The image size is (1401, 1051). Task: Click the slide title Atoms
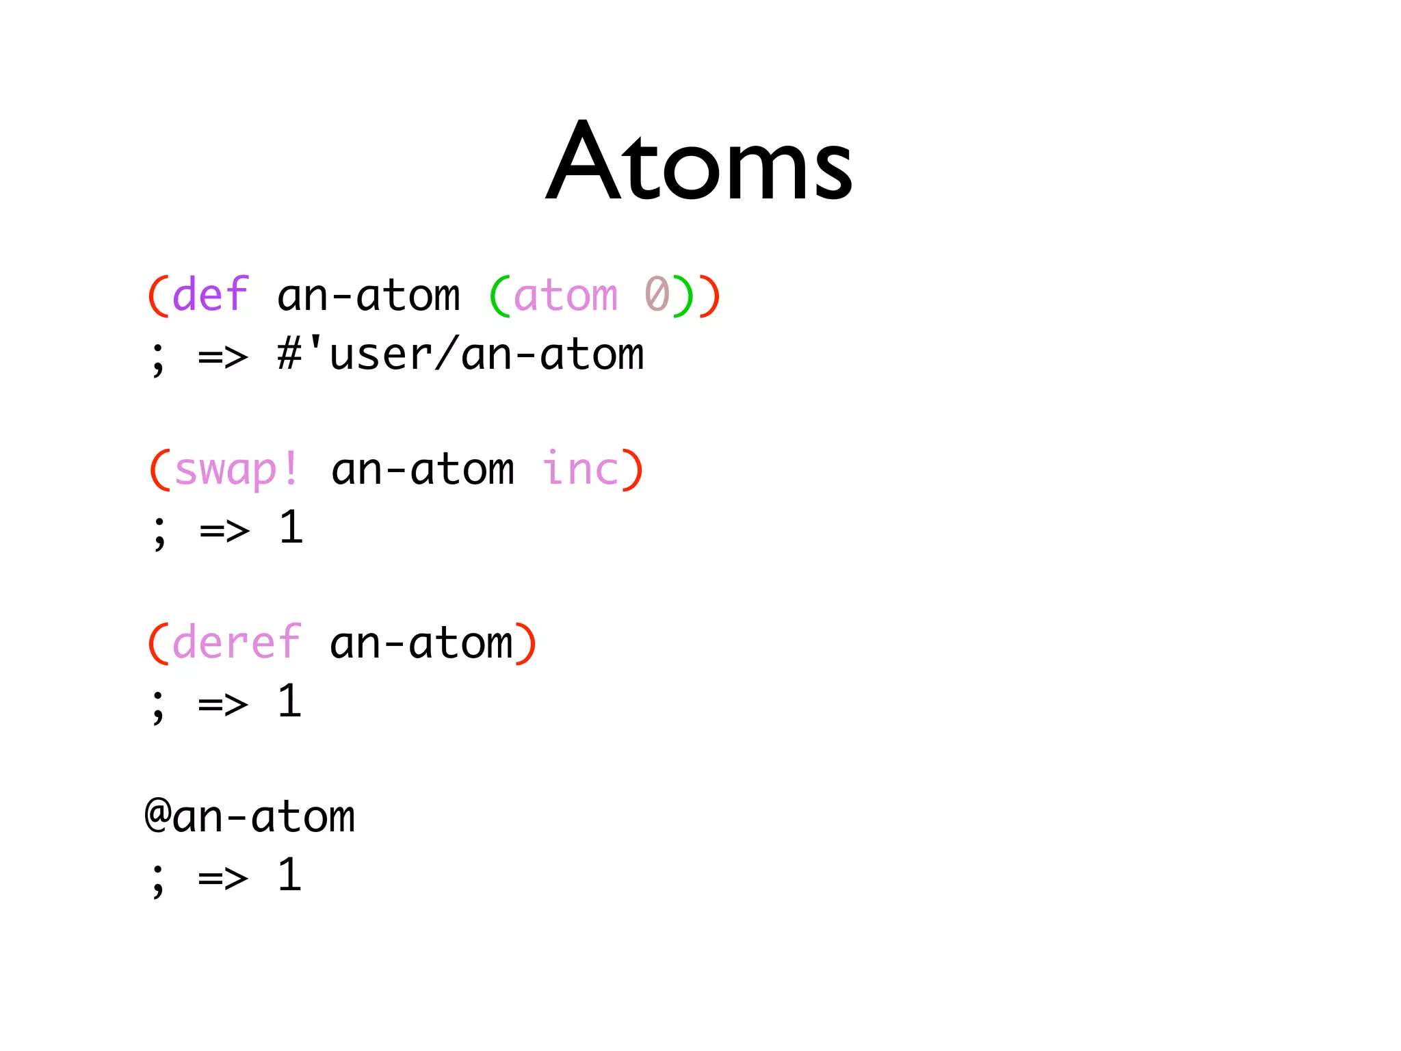click(698, 162)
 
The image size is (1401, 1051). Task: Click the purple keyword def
click(210, 295)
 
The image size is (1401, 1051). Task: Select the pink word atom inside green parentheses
click(565, 296)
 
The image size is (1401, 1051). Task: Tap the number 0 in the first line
click(657, 295)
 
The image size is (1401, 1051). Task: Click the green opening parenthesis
click(500, 296)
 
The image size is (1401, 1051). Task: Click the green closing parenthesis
click(683, 296)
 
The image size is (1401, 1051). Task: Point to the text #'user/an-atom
click(460, 355)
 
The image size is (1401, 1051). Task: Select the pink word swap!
click(236, 470)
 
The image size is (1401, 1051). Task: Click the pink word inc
click(580, 470)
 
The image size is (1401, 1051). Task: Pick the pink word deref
click(236, 643)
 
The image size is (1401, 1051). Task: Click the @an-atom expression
click(250, 817)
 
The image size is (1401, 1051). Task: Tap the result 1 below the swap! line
click(291, 528)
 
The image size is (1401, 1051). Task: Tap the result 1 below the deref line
click(289, 702)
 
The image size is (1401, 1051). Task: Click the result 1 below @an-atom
click(289, 876)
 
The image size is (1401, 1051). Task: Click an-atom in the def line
click(369, 296)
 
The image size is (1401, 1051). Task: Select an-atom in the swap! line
click(422, 470)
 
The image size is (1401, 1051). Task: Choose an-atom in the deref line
click(421, 644)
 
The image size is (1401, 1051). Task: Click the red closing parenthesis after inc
click(632, 470)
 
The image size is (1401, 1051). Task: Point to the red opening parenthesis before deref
click(158, 643)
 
